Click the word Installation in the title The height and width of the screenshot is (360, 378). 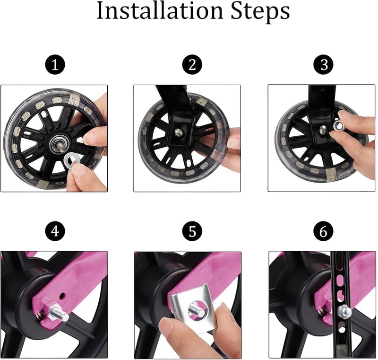coord(160,11)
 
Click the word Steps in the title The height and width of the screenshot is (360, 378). coord(260,12)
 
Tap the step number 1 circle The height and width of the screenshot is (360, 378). coord(55,65)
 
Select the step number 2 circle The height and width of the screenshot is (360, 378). coord(192,64)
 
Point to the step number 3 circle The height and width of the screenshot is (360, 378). coord(324,64)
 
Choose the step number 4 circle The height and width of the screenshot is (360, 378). coord(55,231)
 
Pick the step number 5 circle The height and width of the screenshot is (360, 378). coord(192,231)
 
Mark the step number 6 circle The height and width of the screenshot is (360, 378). coord(324,231)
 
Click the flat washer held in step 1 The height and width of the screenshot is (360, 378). coord(71,160)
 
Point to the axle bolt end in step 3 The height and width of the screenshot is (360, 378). coord(323,129)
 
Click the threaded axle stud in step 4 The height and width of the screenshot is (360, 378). coord(58,315)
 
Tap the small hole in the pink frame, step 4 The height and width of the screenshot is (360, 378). coord(62,295)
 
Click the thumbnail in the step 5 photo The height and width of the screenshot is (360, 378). coord(166,326)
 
